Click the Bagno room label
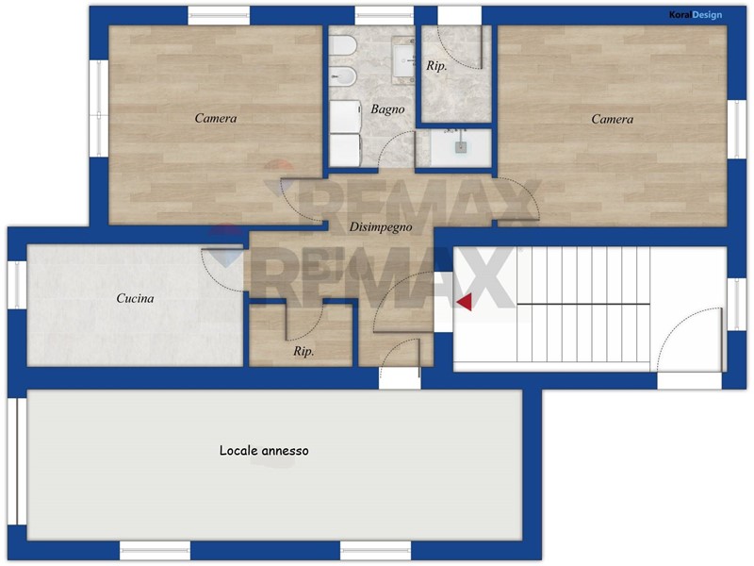coord(387,109)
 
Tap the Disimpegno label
coord(381,227)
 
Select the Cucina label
coord(135,298)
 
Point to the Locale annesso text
coord(264,451)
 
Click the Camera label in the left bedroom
coord(216,119)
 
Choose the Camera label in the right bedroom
coord(612,119)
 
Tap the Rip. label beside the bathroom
coord(436,66)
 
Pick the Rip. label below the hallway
coord(303,351)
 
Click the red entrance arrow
coord(465,303)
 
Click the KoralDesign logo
coord(696,15)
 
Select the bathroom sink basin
coord(403,60)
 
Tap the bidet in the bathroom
coord(343,76)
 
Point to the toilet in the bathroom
coord(343,46)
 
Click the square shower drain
coord(461,147)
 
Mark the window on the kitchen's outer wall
coord(17,285)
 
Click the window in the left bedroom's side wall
coord(99,108)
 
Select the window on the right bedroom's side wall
coord(736,129)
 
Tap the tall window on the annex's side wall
coord(17,461)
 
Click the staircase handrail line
coord(583,304)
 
